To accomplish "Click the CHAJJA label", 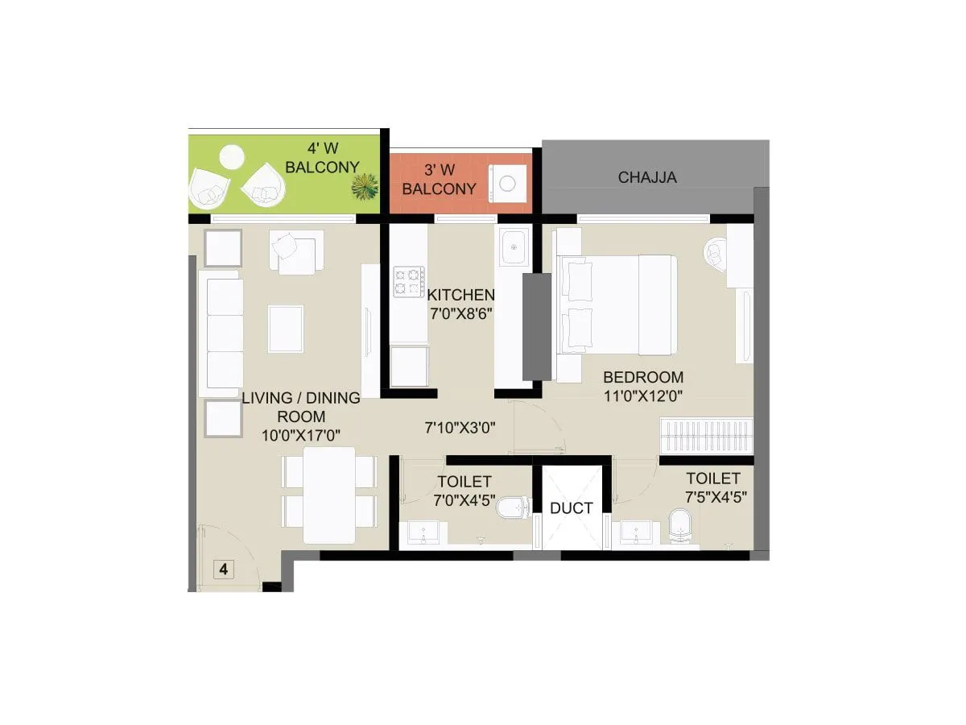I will click(647, 178).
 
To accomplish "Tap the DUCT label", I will click(572, 508).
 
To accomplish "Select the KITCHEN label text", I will click(460, 295).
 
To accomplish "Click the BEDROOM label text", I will click(643, 377).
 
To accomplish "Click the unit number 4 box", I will click(223, 570).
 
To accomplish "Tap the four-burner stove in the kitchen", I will click(409, 282).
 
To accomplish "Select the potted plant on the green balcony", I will click(365, 188).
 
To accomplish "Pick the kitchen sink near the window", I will click(512, 246).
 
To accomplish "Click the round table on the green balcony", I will click(232, 155).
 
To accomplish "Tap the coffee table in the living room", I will click(286, 329).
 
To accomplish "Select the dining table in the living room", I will click(329, 495).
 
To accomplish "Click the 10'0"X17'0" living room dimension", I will click(299, 435).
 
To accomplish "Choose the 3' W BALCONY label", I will click(440, 180).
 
